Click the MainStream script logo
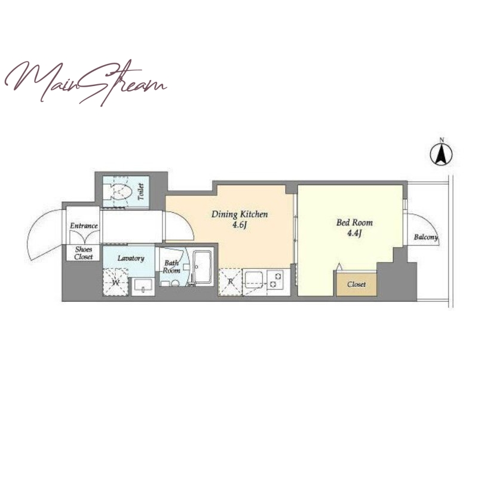coord(85,82)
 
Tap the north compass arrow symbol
coord(441,154)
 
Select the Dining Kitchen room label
coord(240,215)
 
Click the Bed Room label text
coord(354,222)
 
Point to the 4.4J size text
coord(354,234)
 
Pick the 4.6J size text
coord(240,226)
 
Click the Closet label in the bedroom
coord(356,284)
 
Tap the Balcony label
coord(426,237)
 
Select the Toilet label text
coord(141,192)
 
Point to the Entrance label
coord(84,226)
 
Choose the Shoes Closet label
coord(83,253)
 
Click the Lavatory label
coord(131,259)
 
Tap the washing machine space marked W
coord(115,282)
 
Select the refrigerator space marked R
coord(231,282)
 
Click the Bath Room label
coord(171,266)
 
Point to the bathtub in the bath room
coord(203,268)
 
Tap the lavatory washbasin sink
coord(143,286)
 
